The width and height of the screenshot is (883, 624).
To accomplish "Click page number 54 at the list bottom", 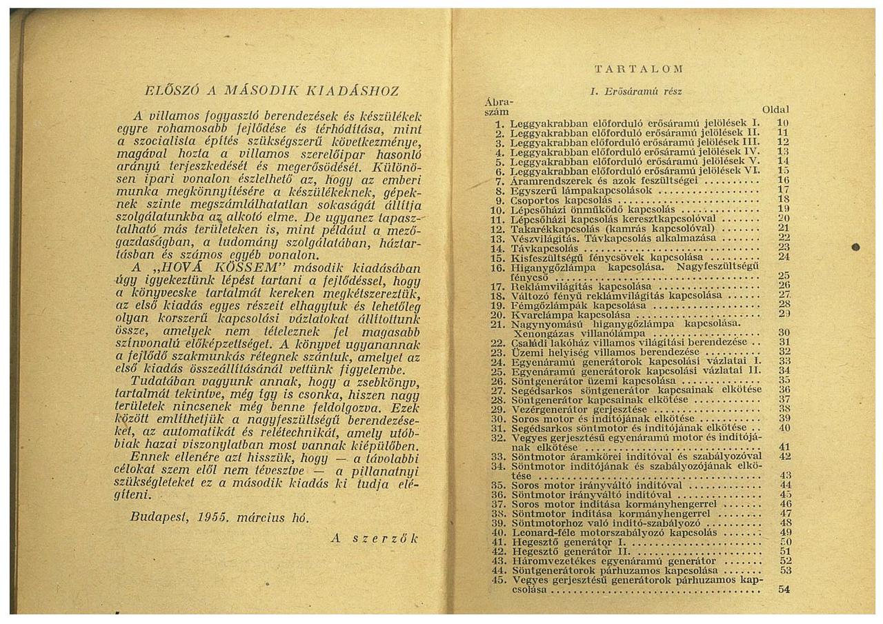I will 783,590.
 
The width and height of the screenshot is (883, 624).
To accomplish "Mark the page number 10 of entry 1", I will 783,122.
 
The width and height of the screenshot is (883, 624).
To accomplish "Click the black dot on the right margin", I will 855,246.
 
